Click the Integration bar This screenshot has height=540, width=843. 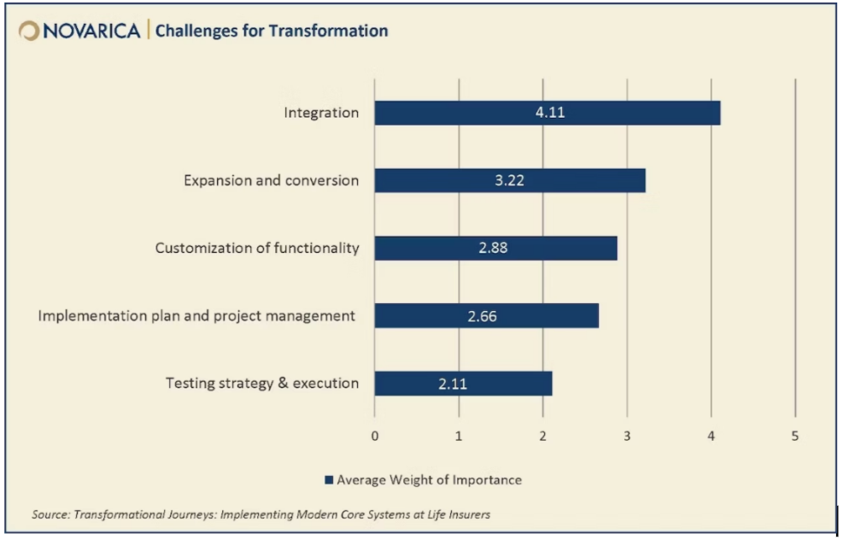[x=547, y=113]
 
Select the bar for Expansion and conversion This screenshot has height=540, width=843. [x=509, y=180]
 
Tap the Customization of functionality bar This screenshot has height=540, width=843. [x=495, y=248]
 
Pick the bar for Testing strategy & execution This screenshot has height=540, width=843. [x=463, y=384]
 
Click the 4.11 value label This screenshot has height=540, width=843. [x=551, y=113]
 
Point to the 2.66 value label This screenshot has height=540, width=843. [x=482, y=316]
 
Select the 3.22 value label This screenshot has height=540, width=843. [x=510, y=180]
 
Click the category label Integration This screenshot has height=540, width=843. [x=321, y=113]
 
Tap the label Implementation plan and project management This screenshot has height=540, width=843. [x=196, y=316]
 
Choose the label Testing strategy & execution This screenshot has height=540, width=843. [x=262, y=384]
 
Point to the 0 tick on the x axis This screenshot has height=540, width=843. [x=374, y=436]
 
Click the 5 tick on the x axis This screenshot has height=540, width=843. [x=795, y=436]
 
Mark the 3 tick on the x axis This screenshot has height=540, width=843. [x=627, y=436]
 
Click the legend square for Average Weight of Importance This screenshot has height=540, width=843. [x=328, y=480]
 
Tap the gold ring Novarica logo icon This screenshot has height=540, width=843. [x=28, y=31]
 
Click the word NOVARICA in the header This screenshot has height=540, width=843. [x=91, y=32]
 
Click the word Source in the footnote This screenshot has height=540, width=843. [x=50, y=514]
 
